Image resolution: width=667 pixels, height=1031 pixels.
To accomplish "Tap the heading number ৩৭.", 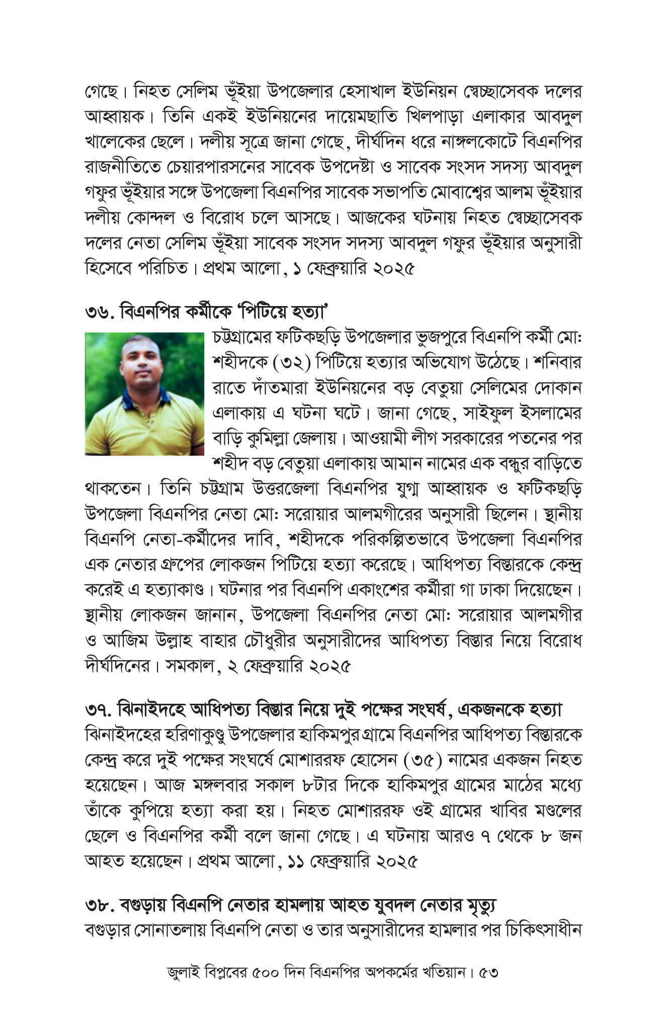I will click(99, 710).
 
